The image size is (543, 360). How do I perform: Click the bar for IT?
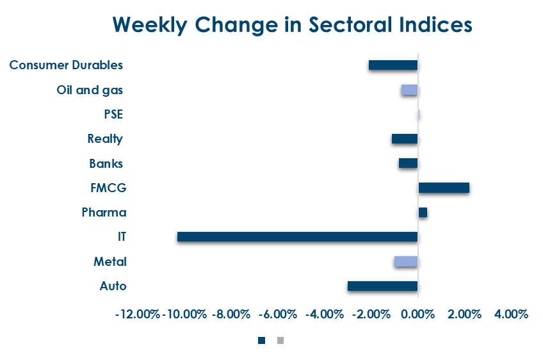tap(297, 237)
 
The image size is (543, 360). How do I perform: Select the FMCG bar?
tap(444, 188)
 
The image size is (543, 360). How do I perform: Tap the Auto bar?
tap(382, 286)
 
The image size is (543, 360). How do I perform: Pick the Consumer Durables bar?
tap(393, 65)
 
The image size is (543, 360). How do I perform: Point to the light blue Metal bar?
tap(406, 261)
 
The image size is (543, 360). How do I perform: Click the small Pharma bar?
tap(423, 213)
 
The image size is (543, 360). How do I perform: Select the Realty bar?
tap(405, 139)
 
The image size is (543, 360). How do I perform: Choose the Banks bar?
tap(408, 163)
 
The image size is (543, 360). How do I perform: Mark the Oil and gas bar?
tap(410, 90)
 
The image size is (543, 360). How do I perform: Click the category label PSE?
tap(113, 115)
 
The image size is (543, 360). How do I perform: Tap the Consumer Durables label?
tap(66, 65)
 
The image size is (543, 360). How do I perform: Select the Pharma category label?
tap(104, 213)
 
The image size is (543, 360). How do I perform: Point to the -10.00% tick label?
tap(184, 315)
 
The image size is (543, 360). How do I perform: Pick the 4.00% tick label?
tap(510, 315)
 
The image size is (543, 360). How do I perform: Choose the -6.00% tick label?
tap(279, 315)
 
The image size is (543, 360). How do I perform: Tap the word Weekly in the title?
tap(150, 24)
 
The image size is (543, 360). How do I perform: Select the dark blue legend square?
tap(261, 340)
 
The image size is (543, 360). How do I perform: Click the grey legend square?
tap(280, 340)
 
